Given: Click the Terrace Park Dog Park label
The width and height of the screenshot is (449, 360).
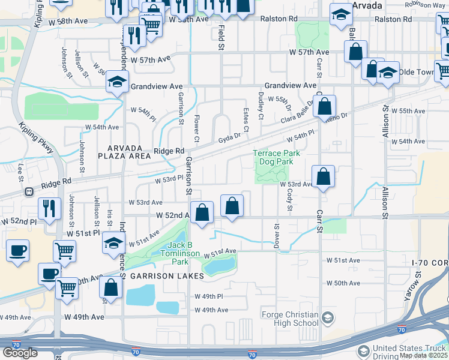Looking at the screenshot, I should point(276,157).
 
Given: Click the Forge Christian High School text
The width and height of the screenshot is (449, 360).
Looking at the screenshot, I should point(290,319).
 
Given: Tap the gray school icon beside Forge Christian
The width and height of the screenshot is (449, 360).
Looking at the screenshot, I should point(328,317).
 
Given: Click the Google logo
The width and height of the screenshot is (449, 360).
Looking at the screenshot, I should point(20,353).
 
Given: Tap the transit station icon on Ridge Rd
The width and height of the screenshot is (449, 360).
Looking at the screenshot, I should point(28,191).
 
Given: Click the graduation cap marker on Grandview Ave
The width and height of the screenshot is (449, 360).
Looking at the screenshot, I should point(117,81).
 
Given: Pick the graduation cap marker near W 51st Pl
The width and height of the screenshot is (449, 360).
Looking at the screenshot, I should point(113,244).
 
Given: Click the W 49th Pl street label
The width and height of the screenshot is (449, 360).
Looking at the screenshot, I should point(209,296).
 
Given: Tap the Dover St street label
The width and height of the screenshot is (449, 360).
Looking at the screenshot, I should point(277,235).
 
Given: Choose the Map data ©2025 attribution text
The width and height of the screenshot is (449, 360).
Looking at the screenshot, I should point(423,355).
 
